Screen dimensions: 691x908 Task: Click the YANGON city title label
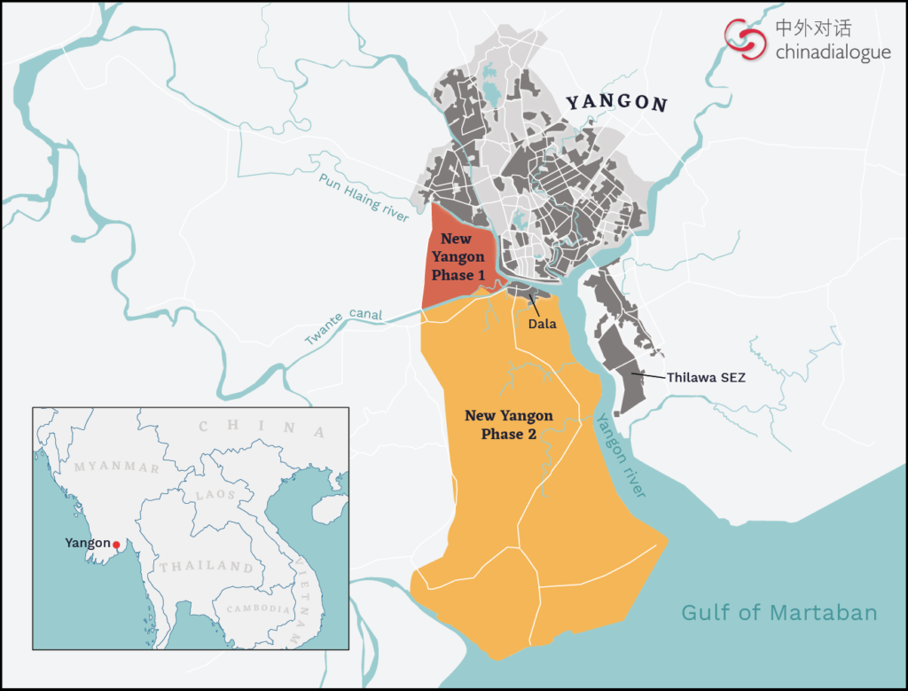coord(616,102)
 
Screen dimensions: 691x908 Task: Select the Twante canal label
coord(343,326)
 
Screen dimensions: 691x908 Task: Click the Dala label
coord(542,324)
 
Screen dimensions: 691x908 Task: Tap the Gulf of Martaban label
coord(779,612)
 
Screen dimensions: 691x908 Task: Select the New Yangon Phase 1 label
coord(458,257)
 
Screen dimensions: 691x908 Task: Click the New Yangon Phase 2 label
coord(508,425)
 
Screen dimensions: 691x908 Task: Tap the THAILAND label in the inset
coord(205,566)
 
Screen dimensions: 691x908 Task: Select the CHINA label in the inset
coord(258,428)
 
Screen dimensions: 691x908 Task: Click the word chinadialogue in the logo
coord(833,52)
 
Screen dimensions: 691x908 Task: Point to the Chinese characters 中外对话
coord(813,27)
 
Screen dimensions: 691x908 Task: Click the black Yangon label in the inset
coord(88,543)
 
